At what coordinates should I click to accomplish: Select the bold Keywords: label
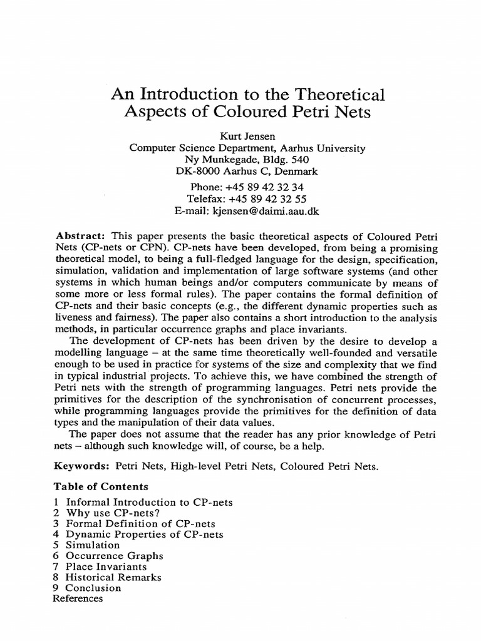[x=85, y=466]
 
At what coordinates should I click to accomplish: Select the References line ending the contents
[x=78, y=598]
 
